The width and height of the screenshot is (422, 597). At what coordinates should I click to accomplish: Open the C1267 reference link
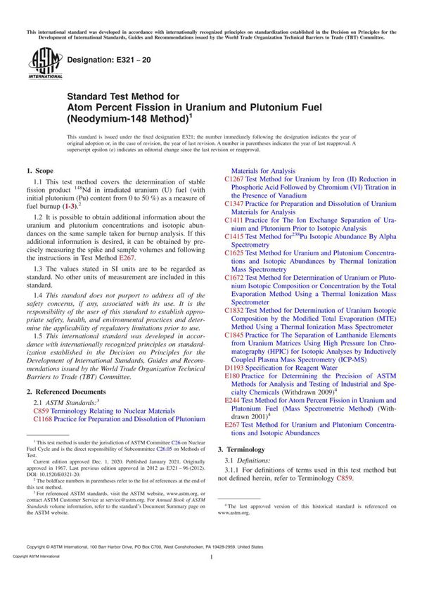[x=234, y=179]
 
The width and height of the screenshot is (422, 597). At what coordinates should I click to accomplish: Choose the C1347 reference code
[x=234, y=203]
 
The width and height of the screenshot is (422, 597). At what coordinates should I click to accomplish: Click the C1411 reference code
[x=234, y=219]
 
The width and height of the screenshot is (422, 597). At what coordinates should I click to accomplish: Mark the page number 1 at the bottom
[x=211, y=576]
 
